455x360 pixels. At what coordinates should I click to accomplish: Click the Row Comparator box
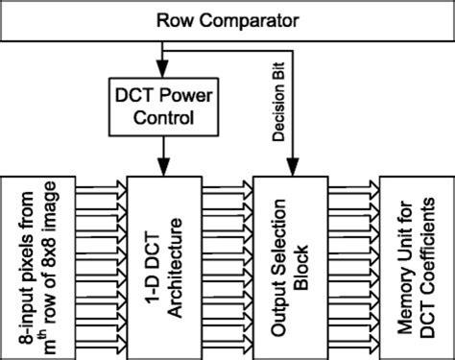pyautogui.click(x=227, y=20)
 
